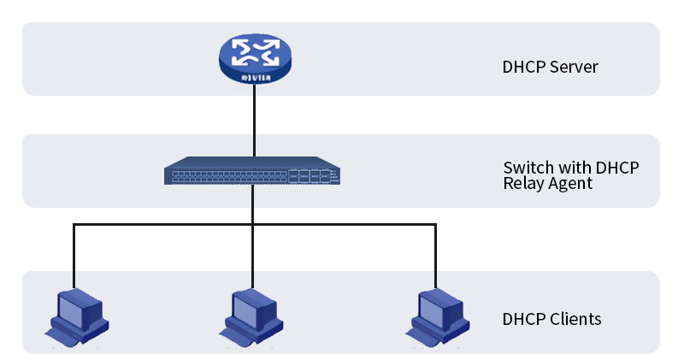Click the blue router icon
[253, 60]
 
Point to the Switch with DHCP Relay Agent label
[570, 174]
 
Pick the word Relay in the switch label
[522, 183]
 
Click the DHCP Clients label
[551, 319]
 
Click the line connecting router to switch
[253, 120]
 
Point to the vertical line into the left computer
[74, 257]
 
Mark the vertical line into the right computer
[435, 257]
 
